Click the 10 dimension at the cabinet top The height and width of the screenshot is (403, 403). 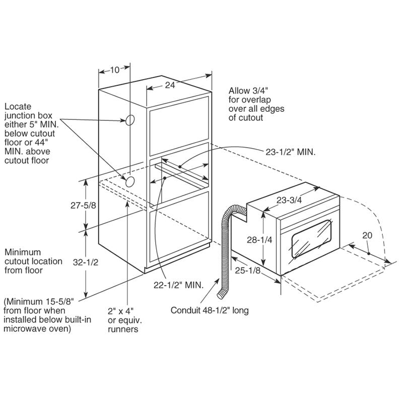point(115,70)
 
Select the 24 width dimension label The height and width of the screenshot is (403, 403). point(170,85)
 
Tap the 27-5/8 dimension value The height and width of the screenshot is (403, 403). point(83,206)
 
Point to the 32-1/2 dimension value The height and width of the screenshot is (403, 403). point(86,262)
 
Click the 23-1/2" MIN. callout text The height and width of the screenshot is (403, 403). point(291,152)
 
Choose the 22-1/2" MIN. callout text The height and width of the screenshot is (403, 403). point(179,285)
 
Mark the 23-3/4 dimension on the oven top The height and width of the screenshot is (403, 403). point(289,200)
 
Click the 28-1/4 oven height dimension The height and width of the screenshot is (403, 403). point(259,240)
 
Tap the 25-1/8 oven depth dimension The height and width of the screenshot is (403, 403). point(248,271)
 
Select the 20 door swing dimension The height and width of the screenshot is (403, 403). point(367,235)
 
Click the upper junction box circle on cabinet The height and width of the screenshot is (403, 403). point(130,120)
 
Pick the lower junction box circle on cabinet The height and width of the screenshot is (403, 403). point(130,182)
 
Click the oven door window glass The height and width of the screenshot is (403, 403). point(311,239)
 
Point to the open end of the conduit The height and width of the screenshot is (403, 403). point(221,295)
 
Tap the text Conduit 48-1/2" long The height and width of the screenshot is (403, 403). point(210,310)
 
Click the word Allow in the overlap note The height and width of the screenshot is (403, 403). point(239,91)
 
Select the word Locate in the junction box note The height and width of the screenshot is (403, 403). point(18,106)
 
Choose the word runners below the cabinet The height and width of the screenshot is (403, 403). point(123,329)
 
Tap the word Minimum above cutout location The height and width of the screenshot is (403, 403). point(23,252)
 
